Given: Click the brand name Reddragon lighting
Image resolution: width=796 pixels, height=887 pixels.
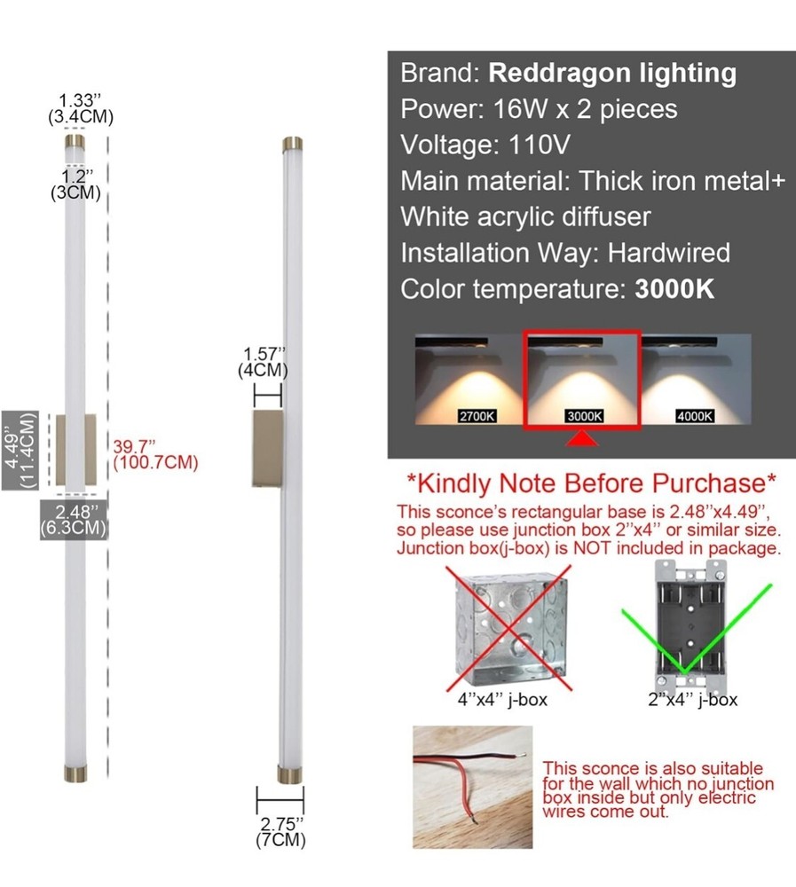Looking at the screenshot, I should pyautogui.click(x=612, y=73).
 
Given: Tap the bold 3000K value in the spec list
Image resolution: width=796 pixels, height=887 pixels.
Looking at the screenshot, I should pyautogui.click(x=674, y=289).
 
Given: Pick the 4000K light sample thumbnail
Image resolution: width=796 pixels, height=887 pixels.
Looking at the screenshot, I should pyautogui.click(x=696, y=380).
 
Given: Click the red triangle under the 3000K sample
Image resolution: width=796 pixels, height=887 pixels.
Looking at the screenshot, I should pyautogui.click(x=582, y=439).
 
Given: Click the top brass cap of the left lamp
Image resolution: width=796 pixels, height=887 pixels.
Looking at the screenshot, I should pyautogui.click(x=75, y=141).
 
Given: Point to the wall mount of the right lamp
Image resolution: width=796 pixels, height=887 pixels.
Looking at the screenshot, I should pyautogui.click(x=266, y=450).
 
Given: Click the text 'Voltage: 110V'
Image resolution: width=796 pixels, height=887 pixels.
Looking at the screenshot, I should pyautogui.click(x=486, y=145).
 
